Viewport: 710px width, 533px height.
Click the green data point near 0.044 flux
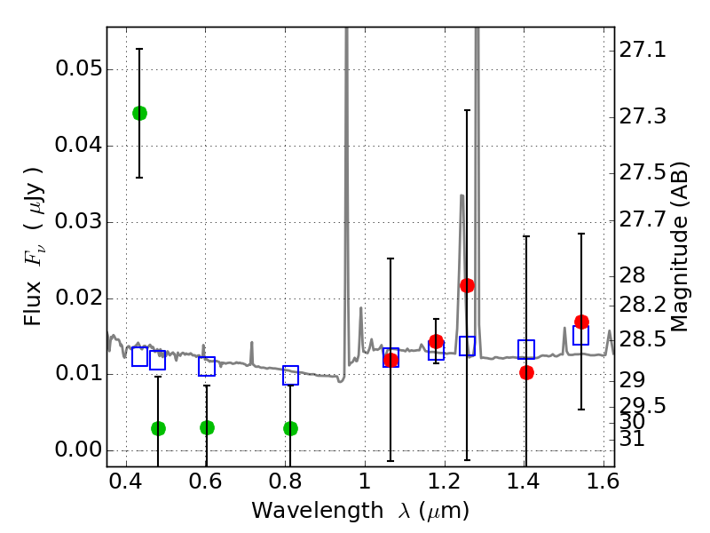[139, 113]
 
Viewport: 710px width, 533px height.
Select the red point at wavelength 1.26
[467, 285]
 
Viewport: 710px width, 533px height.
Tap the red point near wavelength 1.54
[581, 322]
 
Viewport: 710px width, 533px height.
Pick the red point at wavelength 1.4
[526, 372]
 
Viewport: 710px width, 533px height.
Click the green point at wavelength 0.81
[290, 428]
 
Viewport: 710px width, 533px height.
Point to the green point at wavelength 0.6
[207, 427]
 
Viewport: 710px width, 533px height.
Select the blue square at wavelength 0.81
[290, 375]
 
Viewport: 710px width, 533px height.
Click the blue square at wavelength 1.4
[526, 349]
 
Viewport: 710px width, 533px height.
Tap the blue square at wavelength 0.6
[207, 366]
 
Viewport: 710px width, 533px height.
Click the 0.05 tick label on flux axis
[77, 69]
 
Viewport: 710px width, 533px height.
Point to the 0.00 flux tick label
[77, 449]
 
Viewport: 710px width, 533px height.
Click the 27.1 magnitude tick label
[642, 51]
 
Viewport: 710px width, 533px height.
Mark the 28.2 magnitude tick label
[642, 305]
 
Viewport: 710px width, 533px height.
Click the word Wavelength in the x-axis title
[301, 511]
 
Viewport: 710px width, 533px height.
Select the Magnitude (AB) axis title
[680, 246]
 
